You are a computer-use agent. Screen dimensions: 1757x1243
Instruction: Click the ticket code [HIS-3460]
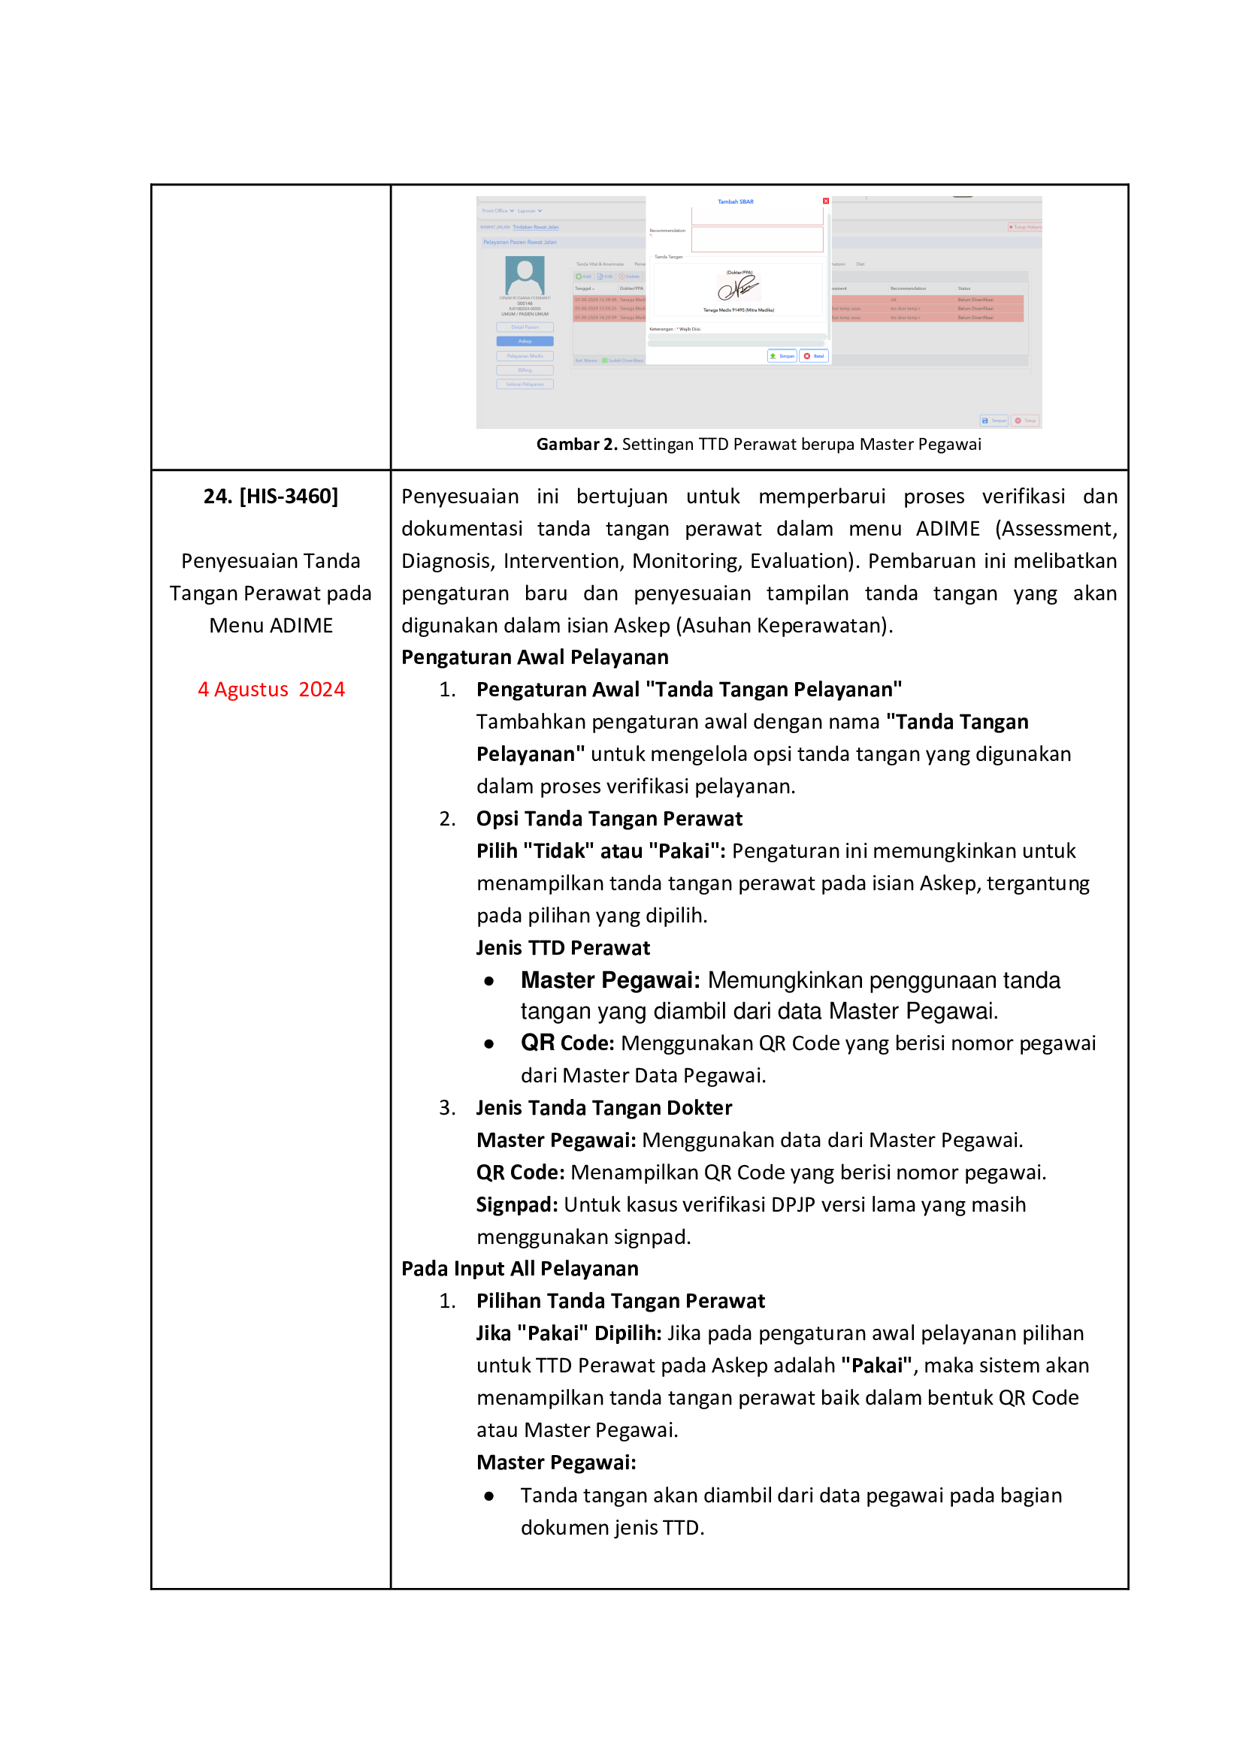coord(289,497)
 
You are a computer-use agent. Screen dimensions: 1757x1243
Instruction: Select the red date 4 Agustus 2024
coord(271,690)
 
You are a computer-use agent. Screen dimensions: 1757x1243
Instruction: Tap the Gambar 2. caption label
coord(576,445)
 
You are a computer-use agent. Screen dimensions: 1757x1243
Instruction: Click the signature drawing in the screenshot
coord(738,288)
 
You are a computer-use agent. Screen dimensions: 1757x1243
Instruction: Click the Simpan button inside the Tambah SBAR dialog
coord(782,356)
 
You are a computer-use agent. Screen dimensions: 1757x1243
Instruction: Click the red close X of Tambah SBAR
coord(826,201)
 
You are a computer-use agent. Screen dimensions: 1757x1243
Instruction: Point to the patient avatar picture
coord(525,275)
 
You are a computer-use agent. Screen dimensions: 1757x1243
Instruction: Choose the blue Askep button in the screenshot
coord(525,341)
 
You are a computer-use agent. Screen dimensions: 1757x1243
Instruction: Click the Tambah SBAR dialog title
coord(736,202)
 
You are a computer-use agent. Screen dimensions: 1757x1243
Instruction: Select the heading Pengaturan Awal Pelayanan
coord(534,657)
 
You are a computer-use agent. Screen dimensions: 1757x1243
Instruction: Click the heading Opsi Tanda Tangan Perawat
coord(609,819)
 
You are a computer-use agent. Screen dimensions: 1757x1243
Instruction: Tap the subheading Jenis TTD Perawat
coord(563,948)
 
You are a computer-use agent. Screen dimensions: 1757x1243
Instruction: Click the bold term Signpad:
coord(516,1205)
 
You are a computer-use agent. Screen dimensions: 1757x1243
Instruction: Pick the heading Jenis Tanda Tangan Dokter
coord(604,1108)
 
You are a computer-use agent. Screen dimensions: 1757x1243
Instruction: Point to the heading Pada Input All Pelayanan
coord(520,1269)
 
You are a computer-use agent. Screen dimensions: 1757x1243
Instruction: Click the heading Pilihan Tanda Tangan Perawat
coord(620,1301)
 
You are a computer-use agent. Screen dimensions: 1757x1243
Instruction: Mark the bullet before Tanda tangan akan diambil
coord(489,1496)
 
